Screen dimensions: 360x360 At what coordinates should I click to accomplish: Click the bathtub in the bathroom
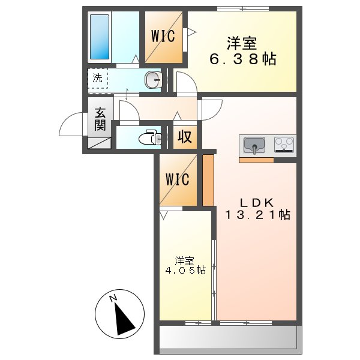99,37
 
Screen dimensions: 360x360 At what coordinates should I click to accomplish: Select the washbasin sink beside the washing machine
154,79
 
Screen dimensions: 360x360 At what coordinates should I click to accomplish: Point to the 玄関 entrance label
100,119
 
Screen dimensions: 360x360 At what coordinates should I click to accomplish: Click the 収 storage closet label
185,137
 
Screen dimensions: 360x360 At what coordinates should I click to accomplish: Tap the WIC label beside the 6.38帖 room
163,37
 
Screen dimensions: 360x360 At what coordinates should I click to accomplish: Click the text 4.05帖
185,271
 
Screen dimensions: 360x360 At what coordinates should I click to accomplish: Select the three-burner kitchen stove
284,144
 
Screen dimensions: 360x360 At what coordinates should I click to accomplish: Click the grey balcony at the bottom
228,338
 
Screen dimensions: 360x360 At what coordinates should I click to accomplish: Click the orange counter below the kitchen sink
256,160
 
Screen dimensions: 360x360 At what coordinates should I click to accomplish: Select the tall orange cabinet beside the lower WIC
208,180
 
